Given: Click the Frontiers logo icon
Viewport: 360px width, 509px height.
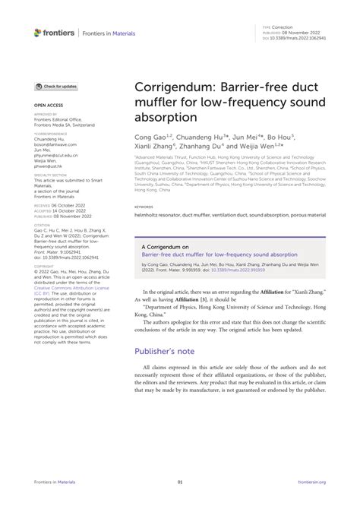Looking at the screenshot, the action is point(38,32).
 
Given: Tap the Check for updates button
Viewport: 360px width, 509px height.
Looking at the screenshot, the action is point(55,87).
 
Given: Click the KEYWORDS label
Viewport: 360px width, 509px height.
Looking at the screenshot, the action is point(144,206).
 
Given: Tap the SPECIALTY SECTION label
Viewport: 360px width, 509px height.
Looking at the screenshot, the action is point(49,174).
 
